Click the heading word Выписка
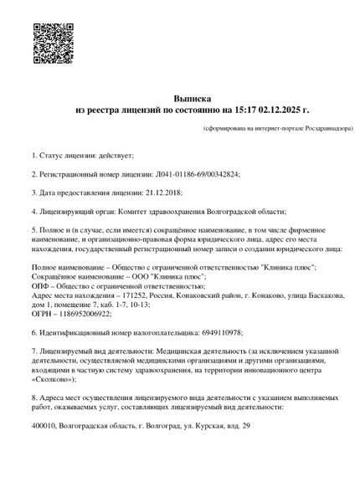click(180, 98)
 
